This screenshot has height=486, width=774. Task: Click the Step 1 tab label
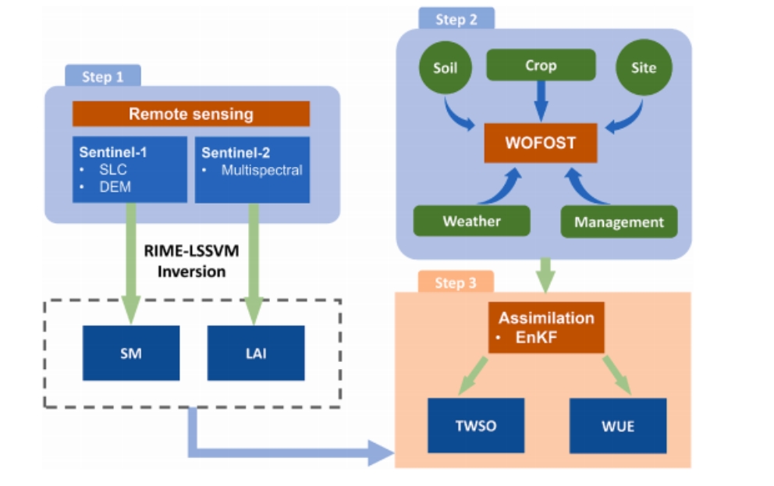[102, 77]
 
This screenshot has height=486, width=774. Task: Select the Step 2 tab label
[456, 20]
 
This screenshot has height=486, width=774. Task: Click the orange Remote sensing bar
[191, 114]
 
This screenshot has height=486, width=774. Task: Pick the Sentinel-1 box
[130, 169]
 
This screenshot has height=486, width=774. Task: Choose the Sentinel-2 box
[252, 169]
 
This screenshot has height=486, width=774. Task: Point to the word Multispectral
[261, 170]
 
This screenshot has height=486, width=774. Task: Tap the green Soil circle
[445, 67]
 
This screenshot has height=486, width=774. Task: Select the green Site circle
[644, 67]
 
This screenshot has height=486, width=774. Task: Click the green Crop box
[541, 66]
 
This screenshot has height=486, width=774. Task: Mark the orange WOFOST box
[541, 143]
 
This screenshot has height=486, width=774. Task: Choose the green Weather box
[471, 221]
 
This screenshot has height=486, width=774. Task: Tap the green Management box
[619, 222]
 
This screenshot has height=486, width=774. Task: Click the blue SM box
[131, 353]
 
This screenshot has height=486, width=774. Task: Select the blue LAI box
[256, 353]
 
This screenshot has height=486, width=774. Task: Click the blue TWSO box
[475, 426]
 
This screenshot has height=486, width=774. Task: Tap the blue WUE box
[618, 426]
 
